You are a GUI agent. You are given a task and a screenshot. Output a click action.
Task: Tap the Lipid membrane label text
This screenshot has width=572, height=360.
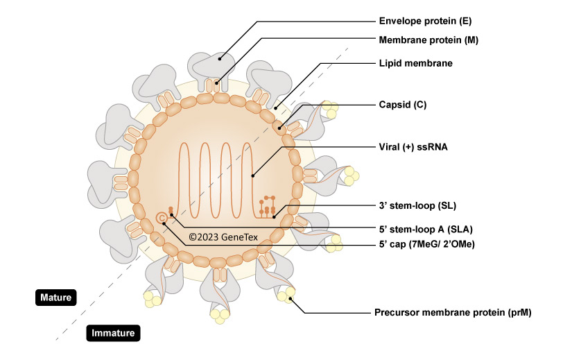tap(415, 63)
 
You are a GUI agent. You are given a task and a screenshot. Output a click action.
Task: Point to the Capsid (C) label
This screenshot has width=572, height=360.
tap(402, 105)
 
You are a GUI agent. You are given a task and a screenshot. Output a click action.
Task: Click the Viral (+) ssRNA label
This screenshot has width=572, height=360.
tap(413, 147)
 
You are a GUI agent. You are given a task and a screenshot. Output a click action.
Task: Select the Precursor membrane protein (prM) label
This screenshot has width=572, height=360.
tap(453, 313)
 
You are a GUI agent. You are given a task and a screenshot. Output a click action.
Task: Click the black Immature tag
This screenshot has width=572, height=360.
tap(114, 334)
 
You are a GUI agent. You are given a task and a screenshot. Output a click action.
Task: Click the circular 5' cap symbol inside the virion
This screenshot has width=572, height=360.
tap(162, 218)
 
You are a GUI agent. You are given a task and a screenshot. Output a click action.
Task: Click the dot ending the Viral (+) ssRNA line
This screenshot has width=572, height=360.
tap(254, 175)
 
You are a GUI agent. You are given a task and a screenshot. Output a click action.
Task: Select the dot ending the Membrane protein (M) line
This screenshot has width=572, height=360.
tap(216, 85)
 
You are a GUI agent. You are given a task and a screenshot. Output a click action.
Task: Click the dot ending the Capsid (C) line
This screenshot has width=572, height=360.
tap(281, 127)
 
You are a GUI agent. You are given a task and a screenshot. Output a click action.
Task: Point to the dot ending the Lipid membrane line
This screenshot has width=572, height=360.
tap(275, 108)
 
